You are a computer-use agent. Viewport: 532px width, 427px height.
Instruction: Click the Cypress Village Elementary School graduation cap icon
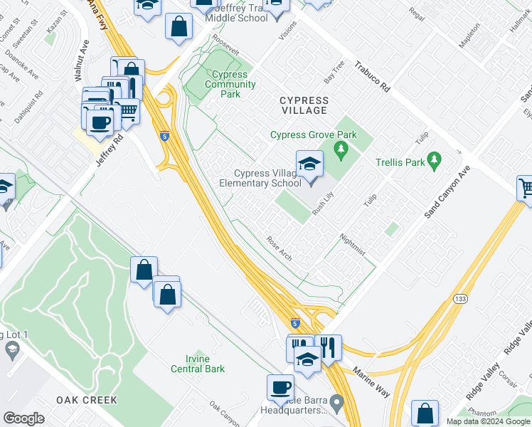(309, 164)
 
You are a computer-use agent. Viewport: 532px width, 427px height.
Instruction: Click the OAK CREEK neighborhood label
(87, 400)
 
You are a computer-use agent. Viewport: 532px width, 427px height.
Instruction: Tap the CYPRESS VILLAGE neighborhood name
(304, 105)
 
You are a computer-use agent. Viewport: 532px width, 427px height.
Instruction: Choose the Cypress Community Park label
(229, 84)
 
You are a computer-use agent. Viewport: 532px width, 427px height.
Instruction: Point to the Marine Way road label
(373, 380)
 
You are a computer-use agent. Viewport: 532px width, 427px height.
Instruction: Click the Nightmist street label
(353, 245)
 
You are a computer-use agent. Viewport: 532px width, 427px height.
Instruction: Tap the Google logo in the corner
(24, 418)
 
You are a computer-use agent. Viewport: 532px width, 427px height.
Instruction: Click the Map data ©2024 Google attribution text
(487, 421)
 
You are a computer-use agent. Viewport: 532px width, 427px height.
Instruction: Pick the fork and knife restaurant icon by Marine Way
(328, 348)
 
